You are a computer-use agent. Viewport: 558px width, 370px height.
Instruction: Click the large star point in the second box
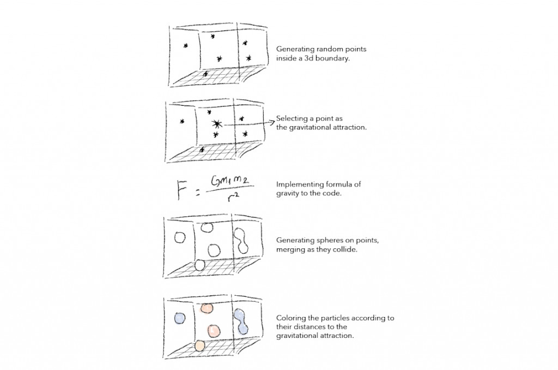(217, 124)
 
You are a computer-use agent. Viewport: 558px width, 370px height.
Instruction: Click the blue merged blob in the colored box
(242, 321)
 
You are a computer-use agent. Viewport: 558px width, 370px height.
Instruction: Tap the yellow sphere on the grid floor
(199, 345)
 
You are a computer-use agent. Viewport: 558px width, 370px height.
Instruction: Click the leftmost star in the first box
(186, 46)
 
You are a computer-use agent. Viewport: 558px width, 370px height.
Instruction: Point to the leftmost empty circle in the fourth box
(180, 237)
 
